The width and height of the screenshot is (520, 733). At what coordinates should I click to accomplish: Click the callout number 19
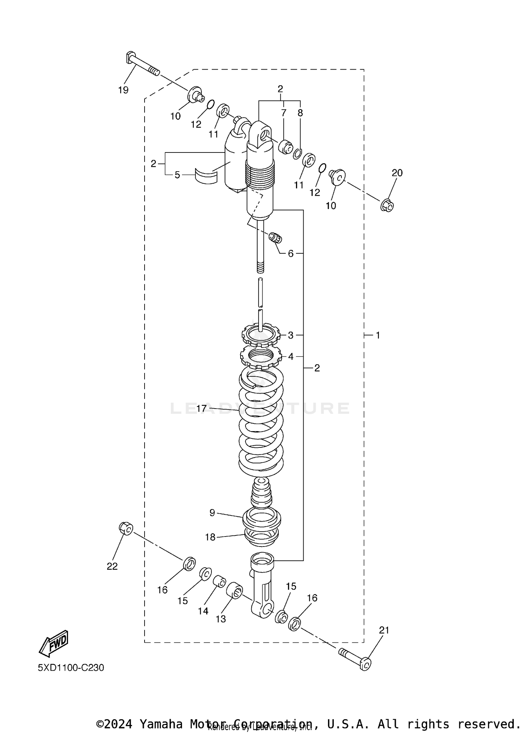[x=123, y=90]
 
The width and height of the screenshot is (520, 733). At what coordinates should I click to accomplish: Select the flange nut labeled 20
[x=387, y=206]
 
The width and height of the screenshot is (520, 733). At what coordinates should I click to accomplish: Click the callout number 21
[x=384, y=630]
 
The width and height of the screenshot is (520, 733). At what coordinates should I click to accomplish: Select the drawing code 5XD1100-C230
[x=71, y=667]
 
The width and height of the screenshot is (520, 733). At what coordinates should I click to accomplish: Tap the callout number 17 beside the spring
[x=201, y=409]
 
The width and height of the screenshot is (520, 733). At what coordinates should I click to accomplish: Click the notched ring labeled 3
[x=261, y=335]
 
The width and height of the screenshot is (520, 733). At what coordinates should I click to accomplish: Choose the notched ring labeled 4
[x=261, y=357]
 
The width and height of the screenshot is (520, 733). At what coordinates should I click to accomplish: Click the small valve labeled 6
[x=276, y=238]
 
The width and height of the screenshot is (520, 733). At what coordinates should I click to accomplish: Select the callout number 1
[x=378, y=335]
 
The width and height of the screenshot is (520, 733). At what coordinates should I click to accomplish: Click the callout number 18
[x=210, y=537]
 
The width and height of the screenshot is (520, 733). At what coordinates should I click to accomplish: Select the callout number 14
[x=203, y=611]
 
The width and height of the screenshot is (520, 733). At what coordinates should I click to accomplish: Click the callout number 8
[x=300, y=113]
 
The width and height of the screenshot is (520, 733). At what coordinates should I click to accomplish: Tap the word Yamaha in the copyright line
[x=161, y=724]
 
